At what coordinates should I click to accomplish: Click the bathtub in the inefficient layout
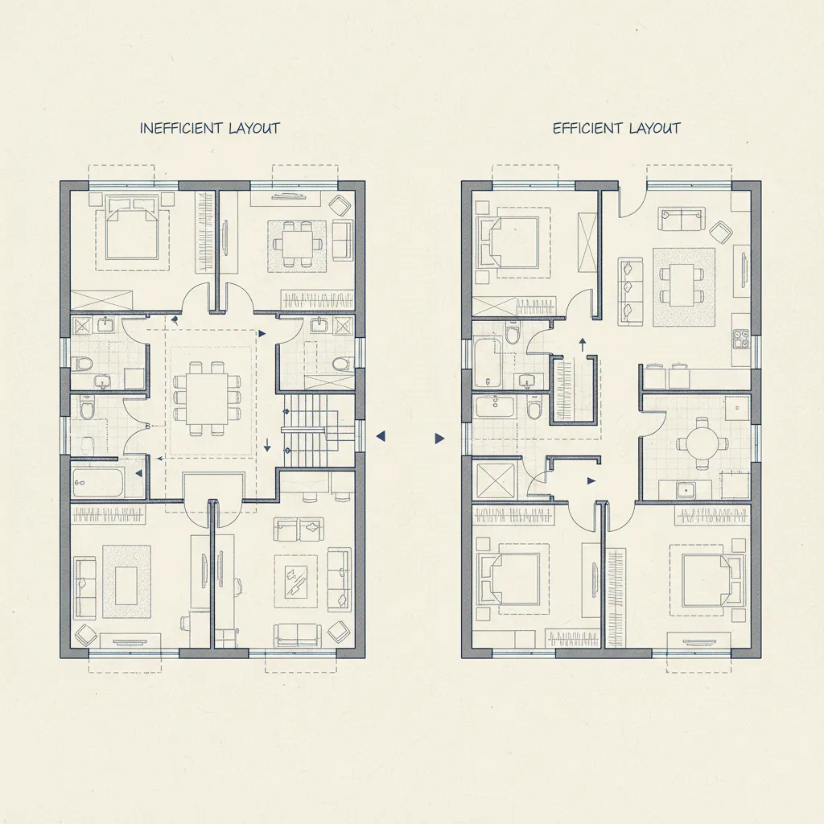click(x=97, y=483)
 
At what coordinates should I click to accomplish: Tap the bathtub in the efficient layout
click(x=488, y=362)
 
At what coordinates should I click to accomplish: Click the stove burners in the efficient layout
click(x=740, y=339)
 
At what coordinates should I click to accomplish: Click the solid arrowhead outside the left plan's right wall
click(x=381, y=435)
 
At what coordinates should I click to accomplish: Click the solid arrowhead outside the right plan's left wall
click(x=439, y=439)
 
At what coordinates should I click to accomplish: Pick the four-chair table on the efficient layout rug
click(x=683, y=284)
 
